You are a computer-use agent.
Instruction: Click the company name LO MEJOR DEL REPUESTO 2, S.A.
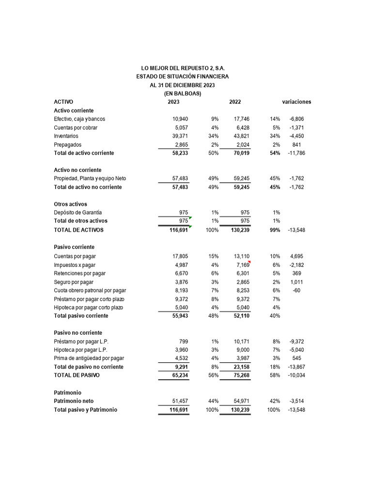pos(183,68)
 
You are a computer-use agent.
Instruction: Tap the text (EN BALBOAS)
pos(183,93)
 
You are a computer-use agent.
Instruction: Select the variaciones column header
pos(296,102)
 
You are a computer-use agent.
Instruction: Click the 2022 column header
pos(235,102)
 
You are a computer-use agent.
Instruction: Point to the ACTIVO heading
pos(63,102)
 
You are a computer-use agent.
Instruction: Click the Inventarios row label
pos(66,136)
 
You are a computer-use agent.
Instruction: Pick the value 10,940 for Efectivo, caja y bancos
pos(180,119)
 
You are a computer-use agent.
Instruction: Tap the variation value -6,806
pos(296,119)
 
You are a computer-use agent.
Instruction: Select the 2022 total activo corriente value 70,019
pos(240,153)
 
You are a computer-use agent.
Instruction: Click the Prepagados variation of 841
pos(296,145)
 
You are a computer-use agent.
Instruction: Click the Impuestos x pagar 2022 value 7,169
pos(242,265)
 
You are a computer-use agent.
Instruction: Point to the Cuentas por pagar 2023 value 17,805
pos(180,256)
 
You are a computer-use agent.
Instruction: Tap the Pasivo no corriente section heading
pos(77,333)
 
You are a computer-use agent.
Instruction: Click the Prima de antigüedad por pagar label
pos(89,358)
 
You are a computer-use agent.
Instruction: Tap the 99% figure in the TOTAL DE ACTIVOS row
pos(275,230)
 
